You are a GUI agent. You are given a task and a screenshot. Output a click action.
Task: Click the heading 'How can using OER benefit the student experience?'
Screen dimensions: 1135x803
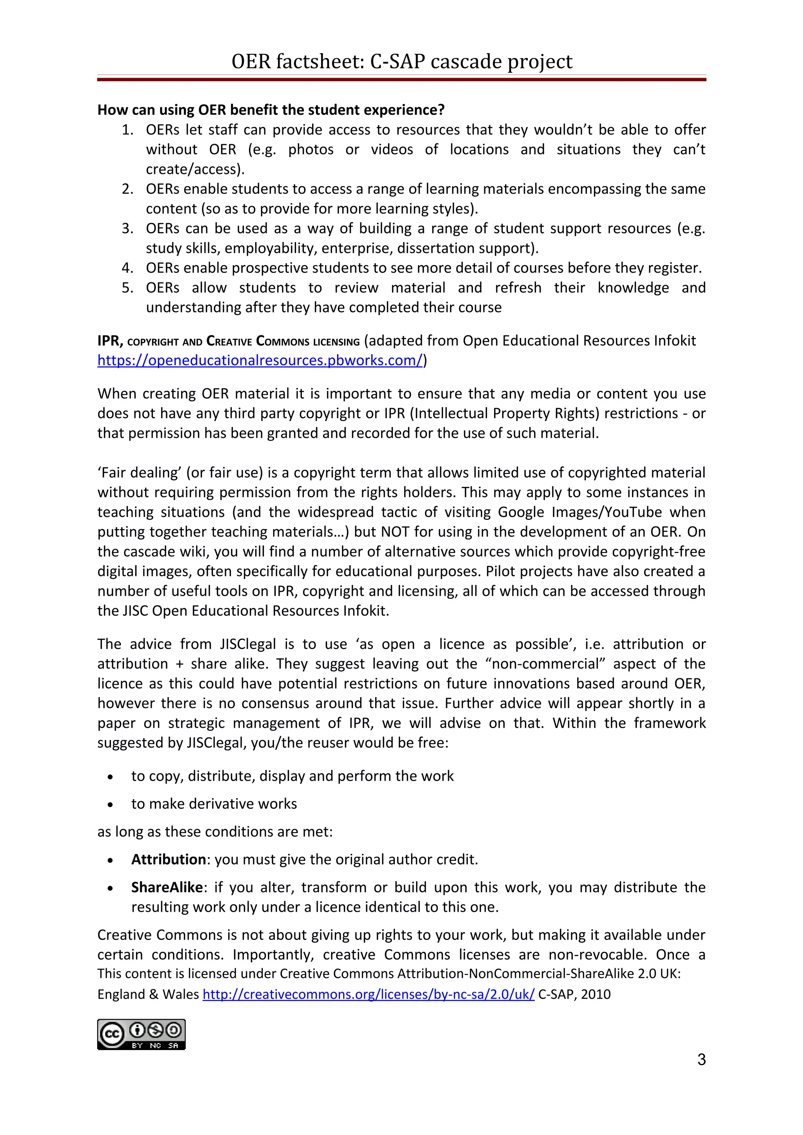271,110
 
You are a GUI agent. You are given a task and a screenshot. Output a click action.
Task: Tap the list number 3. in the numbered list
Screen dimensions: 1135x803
128,228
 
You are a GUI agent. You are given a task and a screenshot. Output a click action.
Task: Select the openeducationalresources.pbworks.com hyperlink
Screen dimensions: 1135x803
260,360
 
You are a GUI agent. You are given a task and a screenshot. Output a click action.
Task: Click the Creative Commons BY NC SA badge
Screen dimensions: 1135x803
141,1034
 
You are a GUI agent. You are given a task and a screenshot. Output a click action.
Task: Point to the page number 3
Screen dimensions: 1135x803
701,1059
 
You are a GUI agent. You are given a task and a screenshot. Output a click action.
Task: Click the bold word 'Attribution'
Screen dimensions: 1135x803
168,859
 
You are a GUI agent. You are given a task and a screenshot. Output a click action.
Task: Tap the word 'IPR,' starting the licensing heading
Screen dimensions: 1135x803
110,341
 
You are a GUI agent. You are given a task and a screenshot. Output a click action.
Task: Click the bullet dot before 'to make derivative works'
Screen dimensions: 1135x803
110,805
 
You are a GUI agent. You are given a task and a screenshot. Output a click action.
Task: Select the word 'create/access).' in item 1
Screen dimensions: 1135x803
195,169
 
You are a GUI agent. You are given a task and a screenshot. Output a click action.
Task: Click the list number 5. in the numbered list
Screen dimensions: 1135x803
128,288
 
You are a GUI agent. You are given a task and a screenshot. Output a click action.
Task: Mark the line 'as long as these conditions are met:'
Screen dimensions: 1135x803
215,831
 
